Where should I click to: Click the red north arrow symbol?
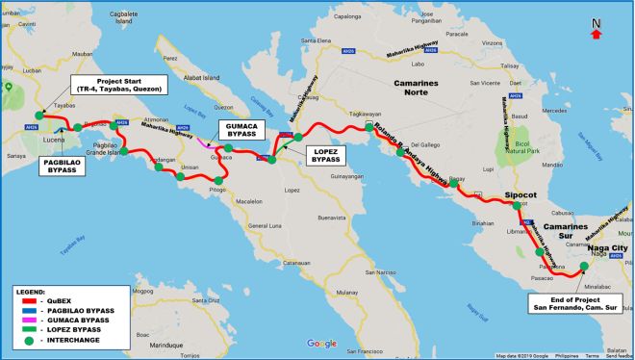point(597,34)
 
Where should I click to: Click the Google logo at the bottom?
point(321,344)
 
